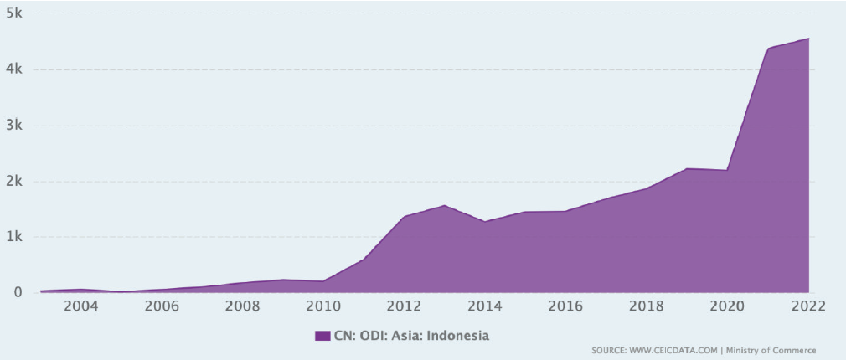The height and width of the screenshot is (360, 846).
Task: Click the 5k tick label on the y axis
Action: click(14, 14)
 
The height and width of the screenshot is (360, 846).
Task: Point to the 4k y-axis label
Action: click(14, 69)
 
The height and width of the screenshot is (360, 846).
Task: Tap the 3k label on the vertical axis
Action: click(14, 126)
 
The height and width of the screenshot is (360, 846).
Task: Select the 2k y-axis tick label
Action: click(14, 181)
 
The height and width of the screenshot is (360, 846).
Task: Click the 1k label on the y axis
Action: click(14, 237)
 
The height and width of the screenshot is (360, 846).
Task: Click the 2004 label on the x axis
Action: click(81, 306)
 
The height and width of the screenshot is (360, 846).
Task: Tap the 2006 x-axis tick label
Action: click(162, 306)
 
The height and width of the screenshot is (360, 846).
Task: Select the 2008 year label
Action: click(243, 306)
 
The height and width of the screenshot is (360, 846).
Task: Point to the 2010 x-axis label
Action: click(323, 306)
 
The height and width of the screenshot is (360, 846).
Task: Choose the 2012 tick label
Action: click(405, 306)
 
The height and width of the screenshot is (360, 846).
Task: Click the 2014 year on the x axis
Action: click(485, 306)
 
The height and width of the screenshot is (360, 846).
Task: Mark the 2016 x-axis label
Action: click(566, 306)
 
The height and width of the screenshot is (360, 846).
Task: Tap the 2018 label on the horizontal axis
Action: click(647, 306)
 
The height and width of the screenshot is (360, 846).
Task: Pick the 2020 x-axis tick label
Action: click(727, 306)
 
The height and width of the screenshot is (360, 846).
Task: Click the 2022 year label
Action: click(807, 306)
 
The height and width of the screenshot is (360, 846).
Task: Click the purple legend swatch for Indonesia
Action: click(322, 336)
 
